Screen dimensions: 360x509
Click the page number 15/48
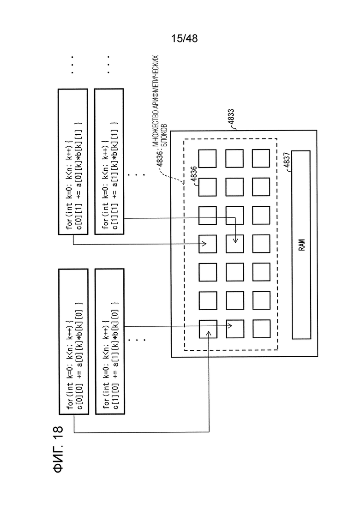pos(184,38)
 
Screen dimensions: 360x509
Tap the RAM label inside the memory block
pos(302,245)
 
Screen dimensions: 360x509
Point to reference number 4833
pos(231,117)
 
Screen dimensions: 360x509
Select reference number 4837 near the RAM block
pos(287,160)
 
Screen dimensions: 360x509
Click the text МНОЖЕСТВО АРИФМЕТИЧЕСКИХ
pos(156,100)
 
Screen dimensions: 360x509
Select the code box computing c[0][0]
pos(73,341)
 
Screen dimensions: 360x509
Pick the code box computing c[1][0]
pos(110,341)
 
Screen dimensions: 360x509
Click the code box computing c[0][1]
pos(73,162)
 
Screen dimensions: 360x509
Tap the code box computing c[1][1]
pos(109,162)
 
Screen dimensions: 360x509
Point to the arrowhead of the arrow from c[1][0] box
pos(232,326)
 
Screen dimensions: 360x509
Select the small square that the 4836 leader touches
pos(207,187)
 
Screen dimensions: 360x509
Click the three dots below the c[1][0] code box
pos(136,340)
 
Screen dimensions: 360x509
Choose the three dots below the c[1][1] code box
pos(136,175)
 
